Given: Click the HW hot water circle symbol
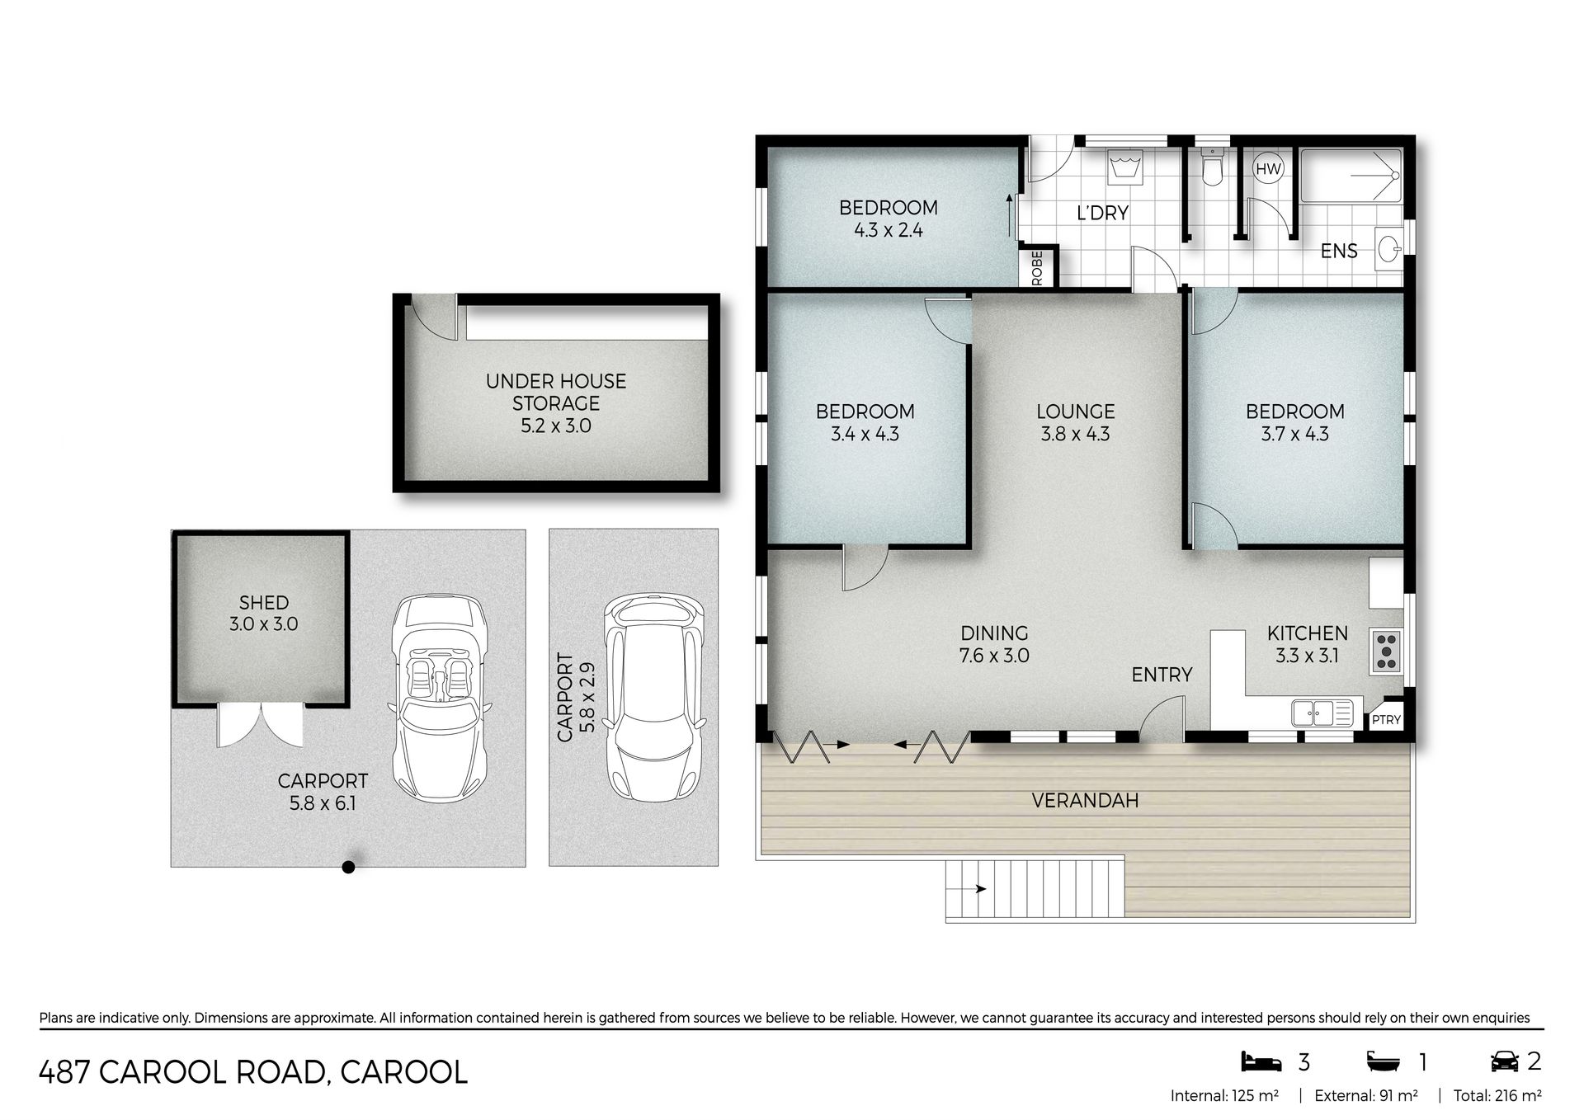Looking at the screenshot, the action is coord(1268,169).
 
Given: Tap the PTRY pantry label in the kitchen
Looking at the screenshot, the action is coord(1386,720).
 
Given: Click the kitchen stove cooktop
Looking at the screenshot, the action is coord(1386,651).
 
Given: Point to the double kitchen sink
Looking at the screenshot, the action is coord(1322,712).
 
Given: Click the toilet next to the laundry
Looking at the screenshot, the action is coord(1211,167).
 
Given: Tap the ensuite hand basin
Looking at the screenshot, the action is coord(1390,249).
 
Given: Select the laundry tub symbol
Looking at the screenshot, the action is coord(1124,168).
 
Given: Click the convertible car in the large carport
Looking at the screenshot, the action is coord(441,698).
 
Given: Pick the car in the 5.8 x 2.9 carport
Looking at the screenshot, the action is coord(655,694).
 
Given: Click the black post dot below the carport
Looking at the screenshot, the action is coord(349,867).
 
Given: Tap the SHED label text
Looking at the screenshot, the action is coord(263,603).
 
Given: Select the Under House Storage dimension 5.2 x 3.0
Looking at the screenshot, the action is coord(556,426).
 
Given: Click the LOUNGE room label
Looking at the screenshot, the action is coord(1076,411).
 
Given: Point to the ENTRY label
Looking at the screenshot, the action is coord(1162,675).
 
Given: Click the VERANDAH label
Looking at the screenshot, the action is coord(1085,800).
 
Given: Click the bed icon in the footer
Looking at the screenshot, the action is coord(1261,1061).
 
